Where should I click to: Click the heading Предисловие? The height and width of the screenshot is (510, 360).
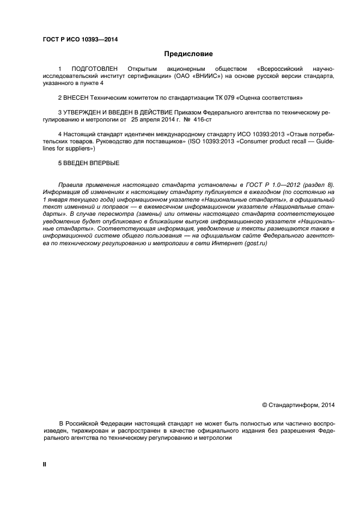[x=188, y=54]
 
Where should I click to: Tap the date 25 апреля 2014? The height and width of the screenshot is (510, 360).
[x=156, y=119]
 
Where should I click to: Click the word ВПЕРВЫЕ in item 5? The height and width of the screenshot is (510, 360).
[x=106, y=162]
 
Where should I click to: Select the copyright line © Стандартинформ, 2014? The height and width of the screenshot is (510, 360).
[x=298, y=405]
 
